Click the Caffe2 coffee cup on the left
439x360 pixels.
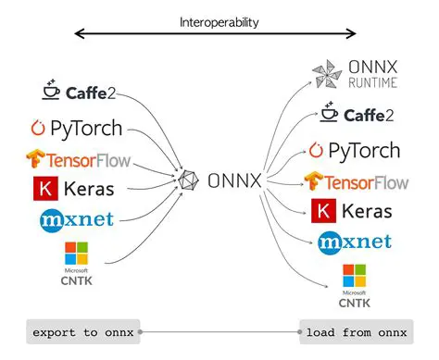pyautogui.click(x=52, y=92)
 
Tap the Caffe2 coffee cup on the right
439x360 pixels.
pyautogui.click(x=328, y=115)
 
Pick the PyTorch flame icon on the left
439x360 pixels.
pyautogui.click(x=38, y=129)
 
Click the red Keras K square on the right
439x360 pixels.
pyautogui.click(x=321, y=212)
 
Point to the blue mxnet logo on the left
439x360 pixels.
pyautogui.click(x=77, y=220)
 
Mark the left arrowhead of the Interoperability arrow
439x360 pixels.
pyautogui.click(x=78, y=35)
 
